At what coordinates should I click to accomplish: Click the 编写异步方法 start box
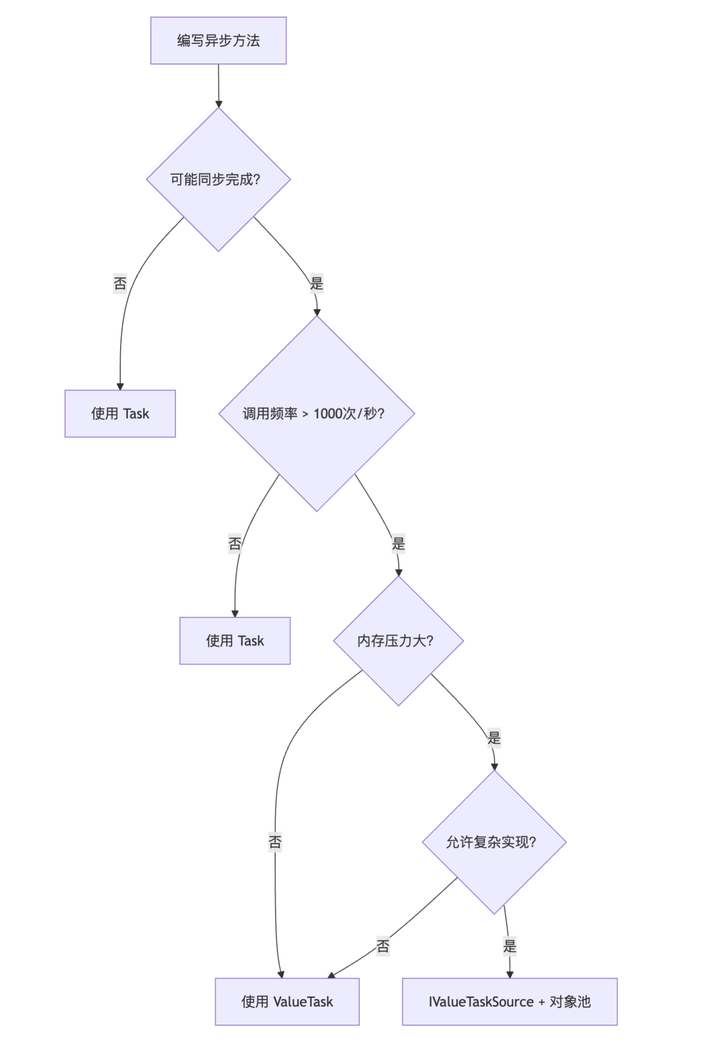[x=218, y=40]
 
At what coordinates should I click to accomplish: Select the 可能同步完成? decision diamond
[x=218, y=179]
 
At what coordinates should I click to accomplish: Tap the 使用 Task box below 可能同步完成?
[x=120, y=414]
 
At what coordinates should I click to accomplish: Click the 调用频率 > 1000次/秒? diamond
[x=316, y=414]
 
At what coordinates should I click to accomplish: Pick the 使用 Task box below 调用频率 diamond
[x=234, y=641]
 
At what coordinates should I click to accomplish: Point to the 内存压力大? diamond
[x=398, y=641]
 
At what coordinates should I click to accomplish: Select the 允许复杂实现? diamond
[x=493, y=842]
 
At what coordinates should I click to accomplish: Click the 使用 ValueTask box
[x=287, y=1001]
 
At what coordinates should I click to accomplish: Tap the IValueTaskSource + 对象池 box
[x=509, y=1001]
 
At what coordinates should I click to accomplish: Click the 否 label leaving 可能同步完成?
[x=120, y=283]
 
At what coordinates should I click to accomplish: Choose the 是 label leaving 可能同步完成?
[x=316, y=283]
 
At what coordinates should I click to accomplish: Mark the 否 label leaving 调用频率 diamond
[x=234, y=543]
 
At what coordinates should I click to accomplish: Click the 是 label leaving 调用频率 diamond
[x=398, y=543]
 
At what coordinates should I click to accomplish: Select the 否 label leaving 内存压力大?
[x=275, y=842]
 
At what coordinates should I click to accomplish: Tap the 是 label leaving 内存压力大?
[x=494, y=737]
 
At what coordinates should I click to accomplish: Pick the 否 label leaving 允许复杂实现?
[x=383, y=946]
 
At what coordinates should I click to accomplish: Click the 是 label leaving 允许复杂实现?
[x=509, y=946]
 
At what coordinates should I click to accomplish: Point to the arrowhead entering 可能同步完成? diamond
[x=218, y=104]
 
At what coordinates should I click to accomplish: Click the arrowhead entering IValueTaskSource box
[x=509, y=974]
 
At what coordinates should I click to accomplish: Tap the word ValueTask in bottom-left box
[x=303, y=1001]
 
